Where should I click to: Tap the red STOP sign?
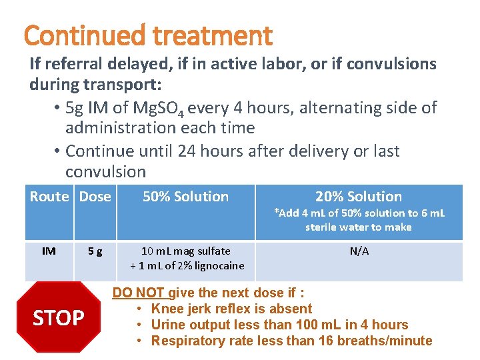tap(59, 317)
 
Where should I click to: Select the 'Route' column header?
tap(49, 197)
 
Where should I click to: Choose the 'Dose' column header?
tap(95, 197)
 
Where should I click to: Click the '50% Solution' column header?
tap(186, 197)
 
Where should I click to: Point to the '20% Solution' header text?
tap(359, 197)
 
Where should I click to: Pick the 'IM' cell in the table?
tap(49, 251)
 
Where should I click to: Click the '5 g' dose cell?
tap(95, 252)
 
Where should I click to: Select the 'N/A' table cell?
tap(359, 251)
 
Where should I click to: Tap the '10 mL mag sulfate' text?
tap(186, 251)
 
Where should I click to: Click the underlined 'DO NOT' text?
tap(140, 293)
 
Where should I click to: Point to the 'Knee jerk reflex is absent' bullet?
tap(231, 309)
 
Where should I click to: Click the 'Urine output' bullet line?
tap(279, 325)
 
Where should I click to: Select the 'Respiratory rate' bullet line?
tap(291, 341)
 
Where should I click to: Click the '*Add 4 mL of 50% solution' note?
tap(359, 213)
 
